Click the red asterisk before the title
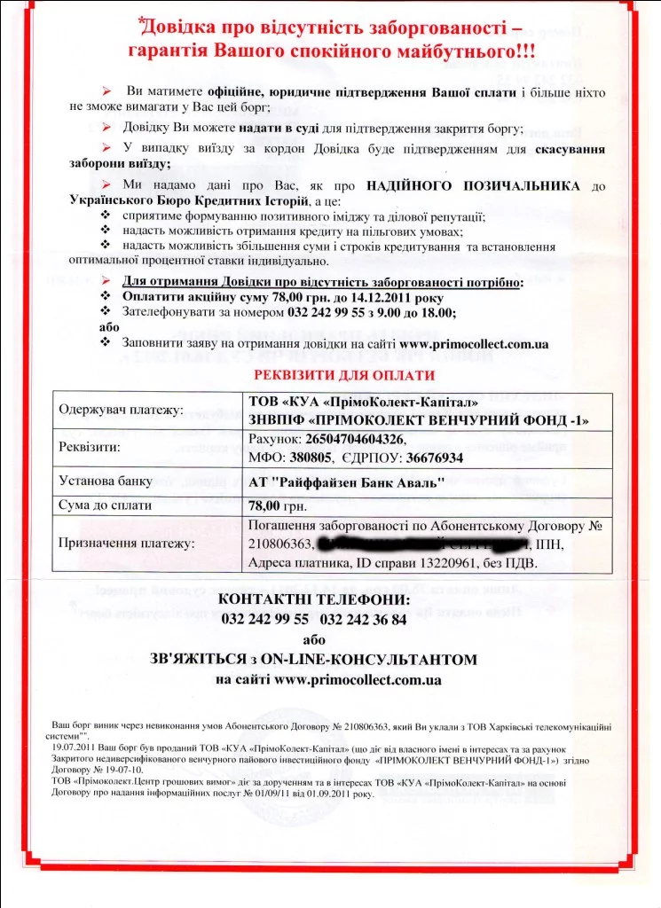pos(142,21)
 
